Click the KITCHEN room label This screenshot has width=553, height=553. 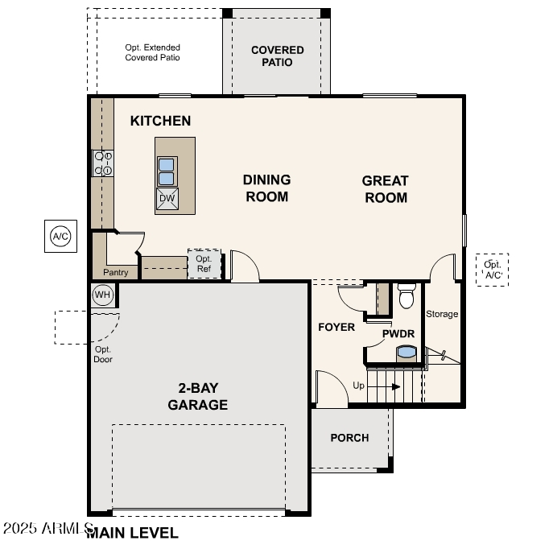(x=160, y=121)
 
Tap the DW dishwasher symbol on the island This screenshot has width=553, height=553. (x=167, y=199)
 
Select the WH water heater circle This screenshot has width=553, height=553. (x=102, y=295)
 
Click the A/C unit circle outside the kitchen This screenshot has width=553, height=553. (x=60, y=236)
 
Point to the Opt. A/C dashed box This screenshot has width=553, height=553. (x=492, y=270)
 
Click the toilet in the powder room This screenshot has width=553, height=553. (x=406, y=295)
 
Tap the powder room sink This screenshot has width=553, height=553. (x=407, y=352)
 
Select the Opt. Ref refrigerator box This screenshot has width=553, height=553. (x=204, y=264)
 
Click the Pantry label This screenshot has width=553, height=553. (x=116, y=273)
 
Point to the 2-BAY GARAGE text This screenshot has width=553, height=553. (x=197, y=397)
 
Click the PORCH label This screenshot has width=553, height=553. (x=349, y=438)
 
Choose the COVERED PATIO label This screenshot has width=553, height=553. (x=277, y=56)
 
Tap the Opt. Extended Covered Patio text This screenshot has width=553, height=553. (x=152, y=53)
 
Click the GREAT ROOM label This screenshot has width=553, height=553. (x=386, y=189)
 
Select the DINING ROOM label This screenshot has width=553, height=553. (x=266, y=188)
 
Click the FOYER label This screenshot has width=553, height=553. (x=336, y=328)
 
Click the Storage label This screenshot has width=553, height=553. (x=442, y=314)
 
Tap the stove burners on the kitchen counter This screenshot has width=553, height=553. (x=103, y=163)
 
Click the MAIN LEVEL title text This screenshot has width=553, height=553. (x=134, y=532)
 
